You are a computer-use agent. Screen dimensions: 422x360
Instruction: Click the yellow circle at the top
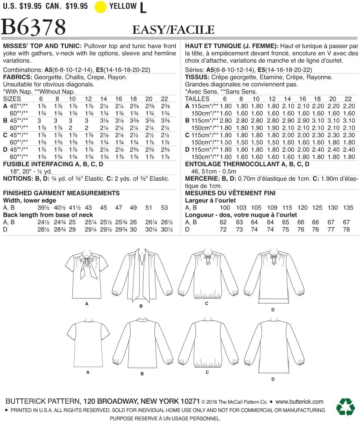pyautogui.click(x=101, y=7)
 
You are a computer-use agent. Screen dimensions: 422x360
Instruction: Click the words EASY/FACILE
pyautogui.click(x=173, y=29)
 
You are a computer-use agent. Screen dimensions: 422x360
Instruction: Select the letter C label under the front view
pyautogui.click(x=207, y=304)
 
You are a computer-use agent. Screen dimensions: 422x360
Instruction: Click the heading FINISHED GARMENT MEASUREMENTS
pyautogui.click(x=61, y=193)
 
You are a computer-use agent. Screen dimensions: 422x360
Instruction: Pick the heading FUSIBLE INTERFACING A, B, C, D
pyautogui.click(x=53, y=164)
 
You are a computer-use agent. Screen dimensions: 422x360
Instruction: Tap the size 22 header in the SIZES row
pyautogui.click(x=164, y=99)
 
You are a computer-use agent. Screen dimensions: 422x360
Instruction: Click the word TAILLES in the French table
pyautogui.click(x=197, y=99)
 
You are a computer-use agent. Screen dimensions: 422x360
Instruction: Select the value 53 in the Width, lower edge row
pyautogui.click(x=164, y=207)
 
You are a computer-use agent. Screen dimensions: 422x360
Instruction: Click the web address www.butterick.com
pyautogui.click(x=300, y=401)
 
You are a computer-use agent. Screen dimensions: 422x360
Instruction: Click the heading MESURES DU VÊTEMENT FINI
pyautogui.click(x=230, y=193)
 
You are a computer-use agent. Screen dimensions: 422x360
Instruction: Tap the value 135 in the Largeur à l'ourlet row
pyautogui.click(x=348, y=207)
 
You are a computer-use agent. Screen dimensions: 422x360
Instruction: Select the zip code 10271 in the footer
pyautogui.click(x=190, y=401)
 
